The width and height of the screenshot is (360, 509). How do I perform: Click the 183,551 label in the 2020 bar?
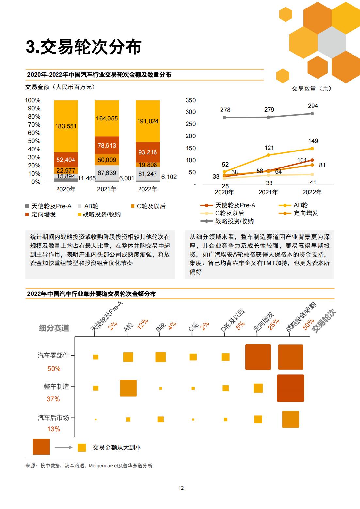coord(66,126)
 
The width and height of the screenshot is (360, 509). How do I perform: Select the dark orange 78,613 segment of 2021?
coord(106,145)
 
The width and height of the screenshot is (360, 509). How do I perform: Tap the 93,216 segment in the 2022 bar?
coord(148,152)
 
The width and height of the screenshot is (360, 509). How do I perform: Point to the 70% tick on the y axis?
coord(34,124)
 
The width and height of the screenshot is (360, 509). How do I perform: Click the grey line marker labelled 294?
coord(312,113)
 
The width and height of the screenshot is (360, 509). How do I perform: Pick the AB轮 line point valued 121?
coord(268,155)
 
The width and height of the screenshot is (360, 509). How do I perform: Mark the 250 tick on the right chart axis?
coord(190,124)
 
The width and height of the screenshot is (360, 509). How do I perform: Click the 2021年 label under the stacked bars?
coord(106,189)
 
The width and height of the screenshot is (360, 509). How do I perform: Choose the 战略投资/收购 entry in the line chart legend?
coord(227,221)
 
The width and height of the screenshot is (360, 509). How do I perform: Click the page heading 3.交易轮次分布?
coord(84,47)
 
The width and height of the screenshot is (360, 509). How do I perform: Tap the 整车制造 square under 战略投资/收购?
coord(290,388)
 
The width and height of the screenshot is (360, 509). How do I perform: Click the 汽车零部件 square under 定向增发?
coord(258,357)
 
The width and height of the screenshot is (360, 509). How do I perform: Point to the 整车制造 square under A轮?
coord(128,388)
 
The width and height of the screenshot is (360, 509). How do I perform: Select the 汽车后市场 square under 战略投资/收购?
coord(290,419)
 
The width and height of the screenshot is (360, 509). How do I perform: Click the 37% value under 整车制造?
coord(54,399)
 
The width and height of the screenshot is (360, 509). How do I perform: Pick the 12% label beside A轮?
coord(142,324)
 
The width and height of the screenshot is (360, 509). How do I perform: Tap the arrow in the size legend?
coord(63,447)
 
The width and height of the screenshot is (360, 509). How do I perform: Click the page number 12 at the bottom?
coord(181,488)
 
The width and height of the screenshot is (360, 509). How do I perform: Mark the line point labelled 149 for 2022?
coord(312,148)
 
